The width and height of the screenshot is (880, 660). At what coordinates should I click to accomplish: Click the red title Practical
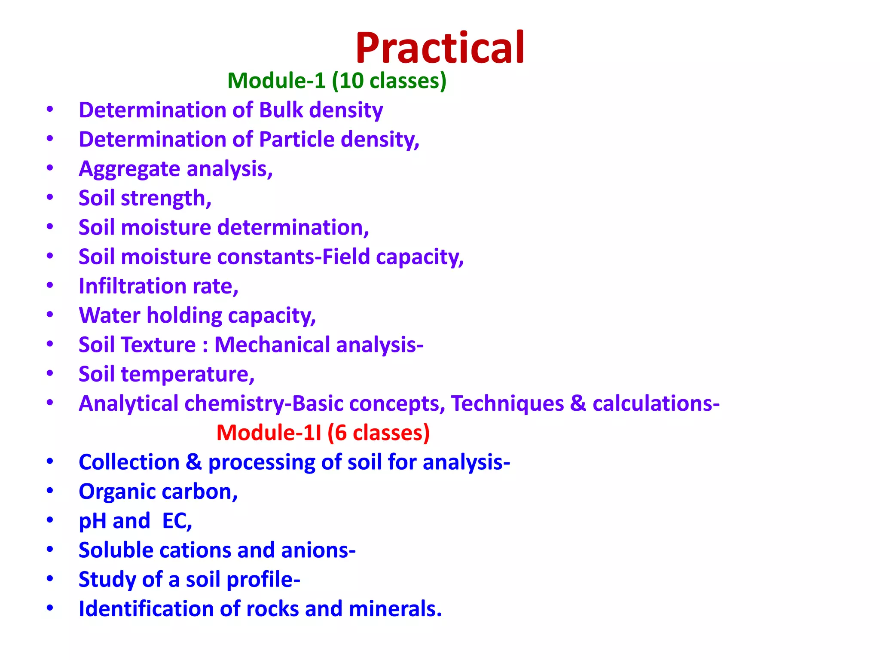pos(440,48)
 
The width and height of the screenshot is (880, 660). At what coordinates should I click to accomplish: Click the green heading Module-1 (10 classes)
pos(337,81)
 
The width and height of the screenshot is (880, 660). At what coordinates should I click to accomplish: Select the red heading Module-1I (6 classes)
pos(323,433)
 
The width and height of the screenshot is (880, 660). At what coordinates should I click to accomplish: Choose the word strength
pos(166,199)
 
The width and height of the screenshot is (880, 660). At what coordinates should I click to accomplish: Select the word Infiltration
pos(132,286)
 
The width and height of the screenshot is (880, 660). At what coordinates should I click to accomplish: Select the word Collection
pos(129,462)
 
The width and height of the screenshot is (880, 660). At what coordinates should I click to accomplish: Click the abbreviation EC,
pos(177,521)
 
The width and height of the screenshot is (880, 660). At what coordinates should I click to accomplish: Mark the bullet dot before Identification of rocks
pos(50,608)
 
